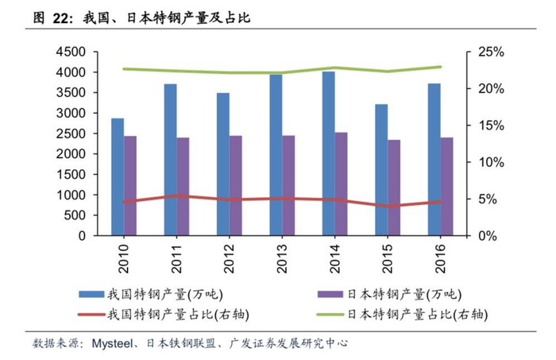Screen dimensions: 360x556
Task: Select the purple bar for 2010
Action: (129, 186)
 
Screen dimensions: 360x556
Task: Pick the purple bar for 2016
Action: (446, 187)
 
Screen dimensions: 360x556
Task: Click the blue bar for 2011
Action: (170, 160)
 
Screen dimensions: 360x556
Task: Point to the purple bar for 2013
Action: (288, 186)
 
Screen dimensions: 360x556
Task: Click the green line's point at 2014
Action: (335, 68)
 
